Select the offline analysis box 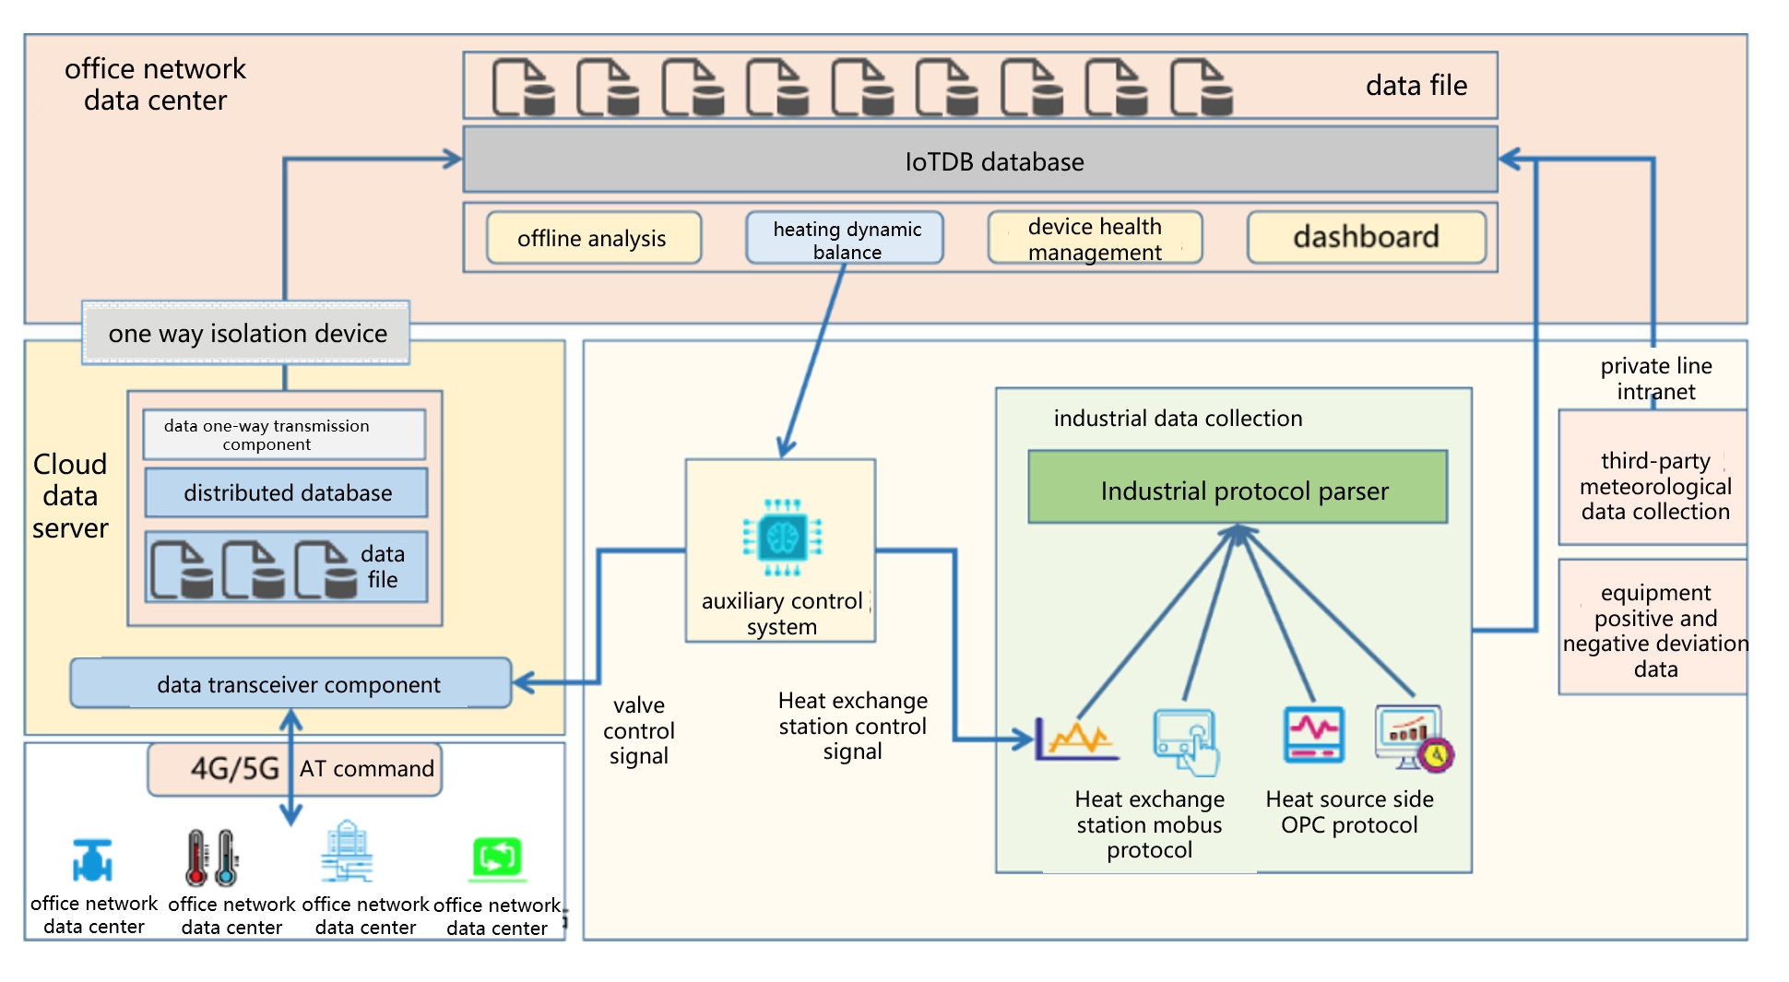pyautogui.click(x=593, y=238)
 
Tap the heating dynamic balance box pyautogui.click(x=845, y=239)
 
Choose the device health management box pyautogui.click(x=1095, y=239)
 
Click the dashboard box pyautogui.click(x=1366, y=237)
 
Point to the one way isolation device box pyautogui.click(x=246, y=333)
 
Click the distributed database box pyautogui.click(x=286, y=492)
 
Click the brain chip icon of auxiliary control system pyautogui.click(x=782, y=537)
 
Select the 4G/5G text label pyautogui.click(x=234, y=768)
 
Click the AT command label pyautogui.click(x=367, y=768)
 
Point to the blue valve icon pyautogui.click(x=92, y=860)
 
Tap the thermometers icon pyautogui.click(x=212, y=858)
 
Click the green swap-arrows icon pyautogui.click(x=497, y=858)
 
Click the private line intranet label pyautogui.click(x=1655, y=378)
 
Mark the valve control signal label pyautogui.click(x=638, y=730)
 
